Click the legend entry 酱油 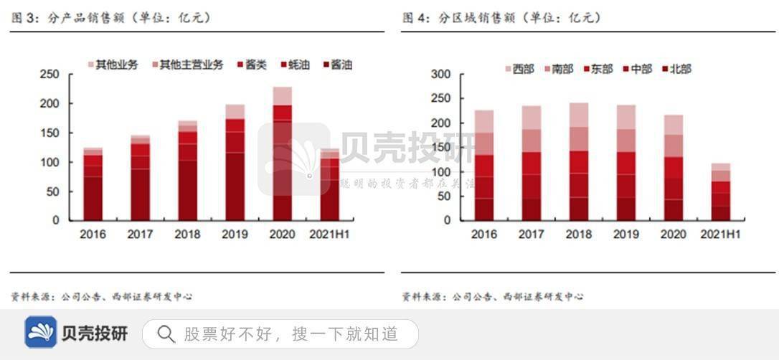(x=336, y=65)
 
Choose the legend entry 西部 (x=519, y=69)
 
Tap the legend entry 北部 (x=676, y=69)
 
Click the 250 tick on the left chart (x=49, y=74)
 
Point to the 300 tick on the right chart (x=441, y=74)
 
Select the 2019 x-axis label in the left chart (x=235, y=234)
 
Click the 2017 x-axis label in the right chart (x=532, y=234)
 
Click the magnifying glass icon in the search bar (x=166, y=333)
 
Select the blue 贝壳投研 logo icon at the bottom (x=41, y=333)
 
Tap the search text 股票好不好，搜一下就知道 (x=291, y=333)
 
